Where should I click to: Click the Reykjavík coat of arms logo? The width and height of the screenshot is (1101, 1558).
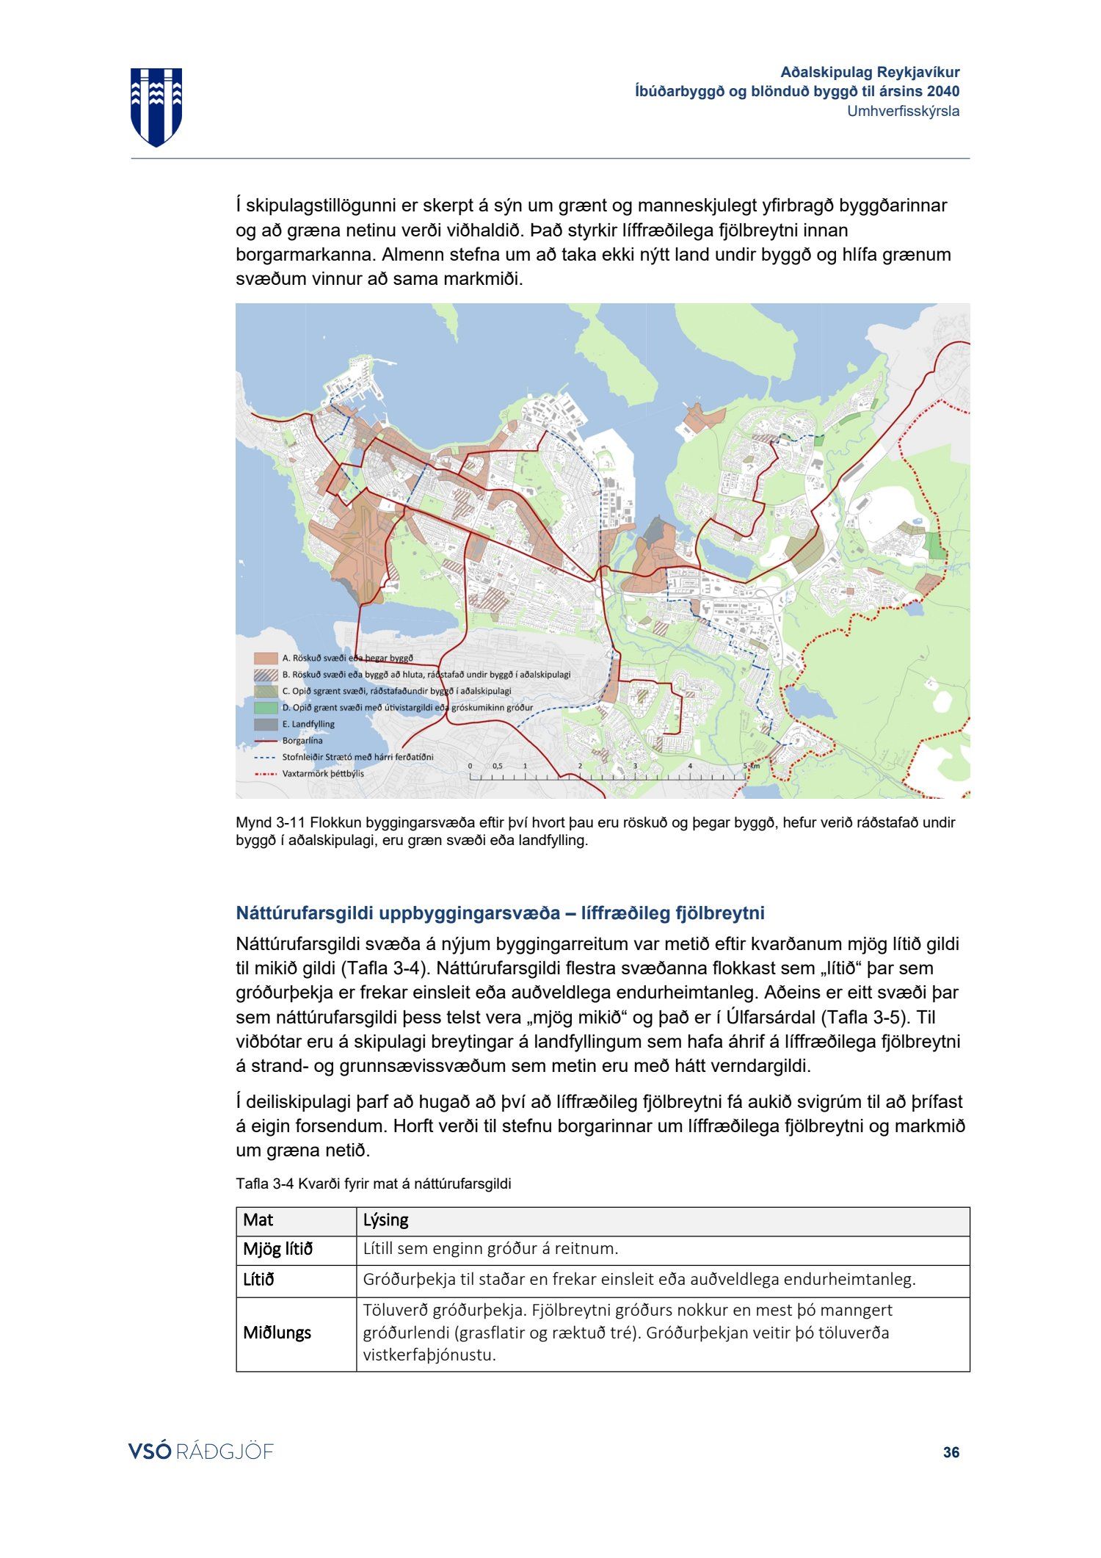click(156, 106)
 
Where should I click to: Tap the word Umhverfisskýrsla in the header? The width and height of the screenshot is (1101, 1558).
click(903, 112)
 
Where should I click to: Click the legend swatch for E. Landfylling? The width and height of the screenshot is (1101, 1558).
click(266, 724)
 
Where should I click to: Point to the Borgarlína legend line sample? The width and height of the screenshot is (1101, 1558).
click(266, 741)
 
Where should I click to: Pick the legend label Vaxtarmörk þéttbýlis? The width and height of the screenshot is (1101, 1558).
click(322, 773)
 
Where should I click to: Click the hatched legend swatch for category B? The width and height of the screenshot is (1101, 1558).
click(266, 675)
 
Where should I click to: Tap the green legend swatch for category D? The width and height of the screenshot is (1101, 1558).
click(266, 708)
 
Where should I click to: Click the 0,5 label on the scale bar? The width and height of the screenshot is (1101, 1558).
click(497, 766)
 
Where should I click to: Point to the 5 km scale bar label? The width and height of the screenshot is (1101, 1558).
click(750, 766)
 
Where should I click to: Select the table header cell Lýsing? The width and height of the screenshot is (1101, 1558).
click(385, 1220)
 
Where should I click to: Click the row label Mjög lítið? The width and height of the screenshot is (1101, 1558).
click(277, 1249)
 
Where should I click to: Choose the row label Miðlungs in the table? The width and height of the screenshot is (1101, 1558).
click(277, 1333)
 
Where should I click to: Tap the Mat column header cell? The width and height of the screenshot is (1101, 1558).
click(258, 1220)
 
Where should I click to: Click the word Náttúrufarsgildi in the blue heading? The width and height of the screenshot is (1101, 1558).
click(304, 913)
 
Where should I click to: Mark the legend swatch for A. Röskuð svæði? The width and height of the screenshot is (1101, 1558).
click(266, 659)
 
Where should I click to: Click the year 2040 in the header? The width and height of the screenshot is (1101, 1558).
click(942, 92)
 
